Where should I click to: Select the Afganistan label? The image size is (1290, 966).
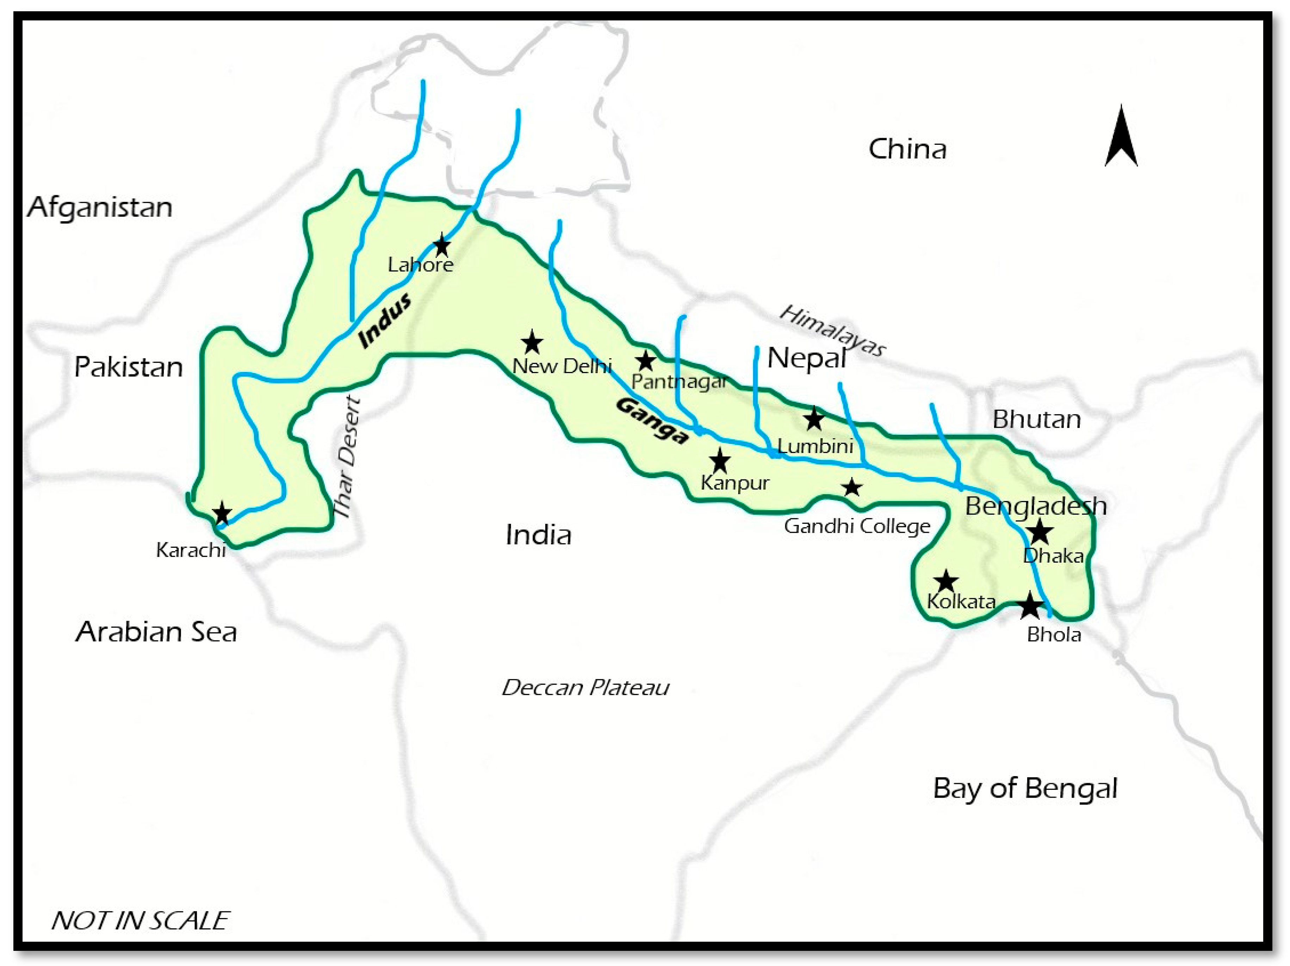100,208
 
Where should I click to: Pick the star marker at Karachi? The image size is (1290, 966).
222,513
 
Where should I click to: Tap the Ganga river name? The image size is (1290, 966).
652,421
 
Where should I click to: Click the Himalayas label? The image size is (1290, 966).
832,331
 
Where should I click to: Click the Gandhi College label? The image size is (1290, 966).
857,526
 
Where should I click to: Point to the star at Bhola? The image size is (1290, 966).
1030,606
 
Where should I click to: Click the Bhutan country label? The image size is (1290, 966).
1036,420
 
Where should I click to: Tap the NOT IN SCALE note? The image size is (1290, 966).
140,921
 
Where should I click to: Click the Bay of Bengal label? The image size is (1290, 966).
1025,789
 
